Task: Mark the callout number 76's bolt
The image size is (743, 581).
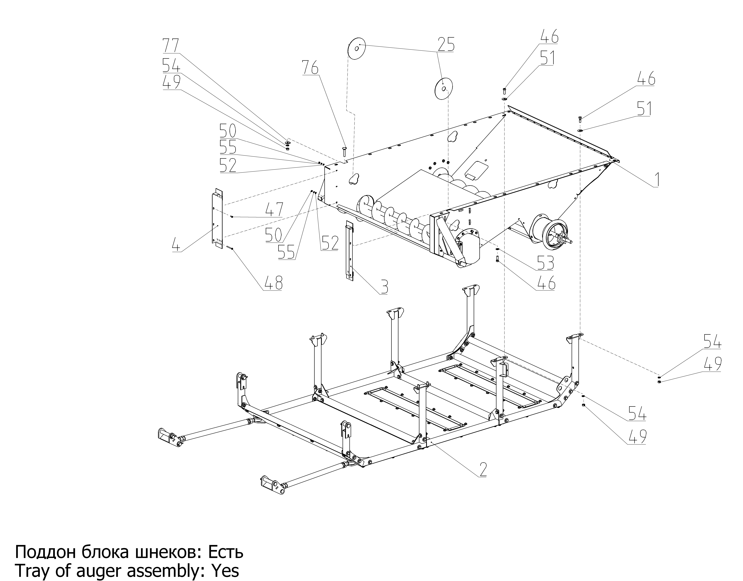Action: [x=344, y=153]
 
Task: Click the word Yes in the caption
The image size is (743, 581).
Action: [x=225, y=571]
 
